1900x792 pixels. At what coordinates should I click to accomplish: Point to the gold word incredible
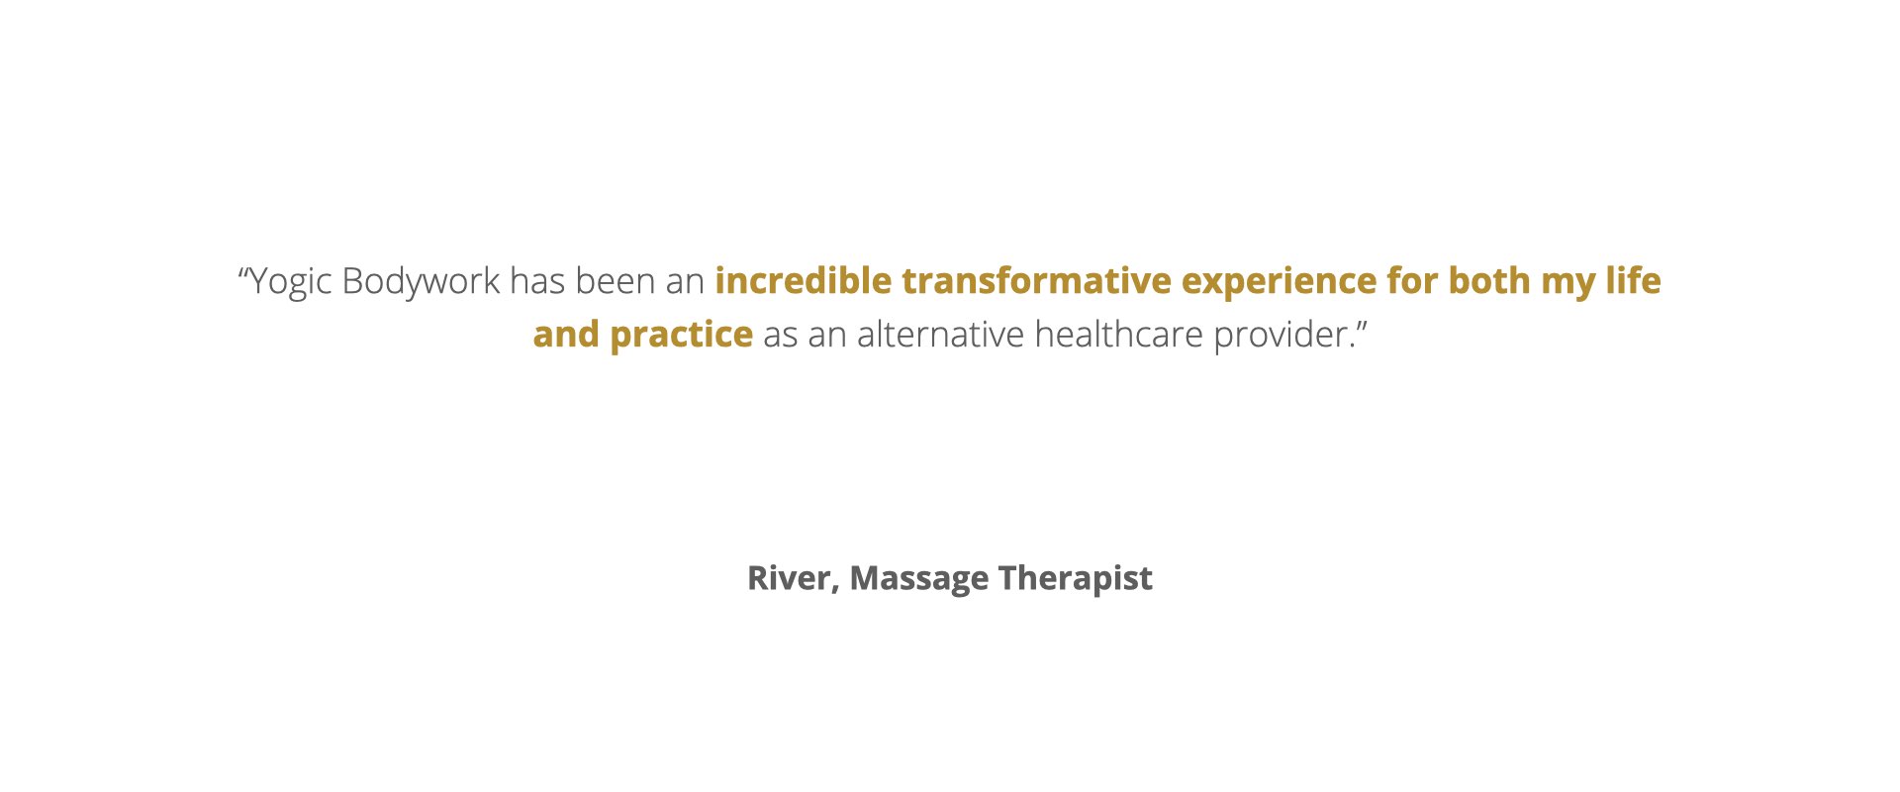tap(804, 281)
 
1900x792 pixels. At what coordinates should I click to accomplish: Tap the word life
tap(1634, 281)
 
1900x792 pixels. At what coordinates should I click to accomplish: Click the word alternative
tap(941, 335)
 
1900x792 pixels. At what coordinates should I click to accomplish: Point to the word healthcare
tap(1119, 335)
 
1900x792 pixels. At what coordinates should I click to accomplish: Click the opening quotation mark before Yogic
tap(242, 271)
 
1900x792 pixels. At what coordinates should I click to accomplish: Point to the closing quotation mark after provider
tap(1361, 325)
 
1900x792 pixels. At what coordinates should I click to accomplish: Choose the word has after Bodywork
tap(537, 281)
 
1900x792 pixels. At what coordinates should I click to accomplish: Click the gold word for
tap(1412, 281)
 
